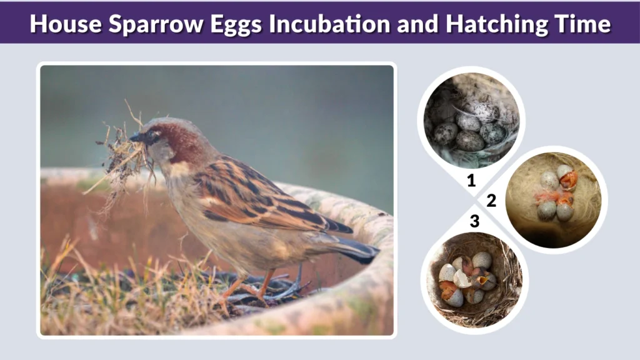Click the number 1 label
472,182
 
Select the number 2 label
491,201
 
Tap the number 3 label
474,221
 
